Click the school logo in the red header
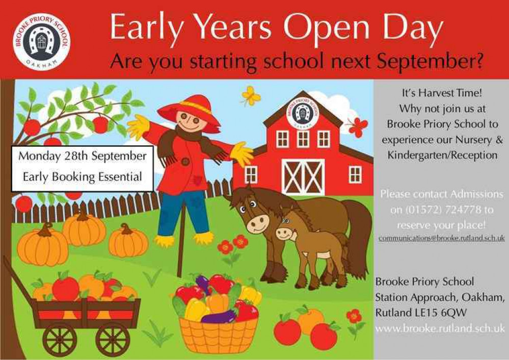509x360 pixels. (41, 41)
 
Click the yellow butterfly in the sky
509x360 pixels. (251, 95)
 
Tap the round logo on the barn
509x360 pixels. (302, 112)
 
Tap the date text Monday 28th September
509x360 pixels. (82, 156)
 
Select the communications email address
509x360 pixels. (441, 238)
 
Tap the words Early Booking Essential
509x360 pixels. (83, 177)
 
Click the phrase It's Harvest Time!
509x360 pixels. (442, 93)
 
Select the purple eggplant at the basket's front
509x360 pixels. (219, 317)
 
